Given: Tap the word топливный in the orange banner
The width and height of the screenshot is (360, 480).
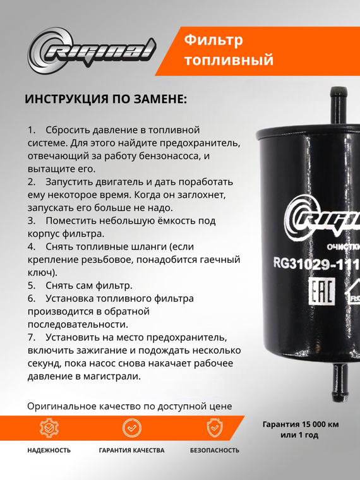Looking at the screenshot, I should [229, 61].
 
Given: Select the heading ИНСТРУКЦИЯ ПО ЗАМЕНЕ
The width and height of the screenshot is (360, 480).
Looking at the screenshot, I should [105, 100].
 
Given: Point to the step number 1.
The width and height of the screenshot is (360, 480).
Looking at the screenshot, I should [32, 129].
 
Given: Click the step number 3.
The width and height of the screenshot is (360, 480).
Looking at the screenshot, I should [32, 221].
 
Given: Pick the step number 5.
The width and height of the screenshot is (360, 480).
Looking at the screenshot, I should [32, 285].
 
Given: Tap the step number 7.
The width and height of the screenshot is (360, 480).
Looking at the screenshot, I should [32, 337].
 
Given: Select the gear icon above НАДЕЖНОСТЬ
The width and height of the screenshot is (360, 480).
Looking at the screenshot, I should [49, 428].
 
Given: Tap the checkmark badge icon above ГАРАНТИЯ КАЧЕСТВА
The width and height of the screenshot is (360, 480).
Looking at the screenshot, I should [131, 428].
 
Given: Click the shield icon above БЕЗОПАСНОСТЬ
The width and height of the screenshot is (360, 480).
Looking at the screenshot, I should [215, 428].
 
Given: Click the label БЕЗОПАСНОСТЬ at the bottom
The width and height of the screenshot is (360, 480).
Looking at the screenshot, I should [215, 450].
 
